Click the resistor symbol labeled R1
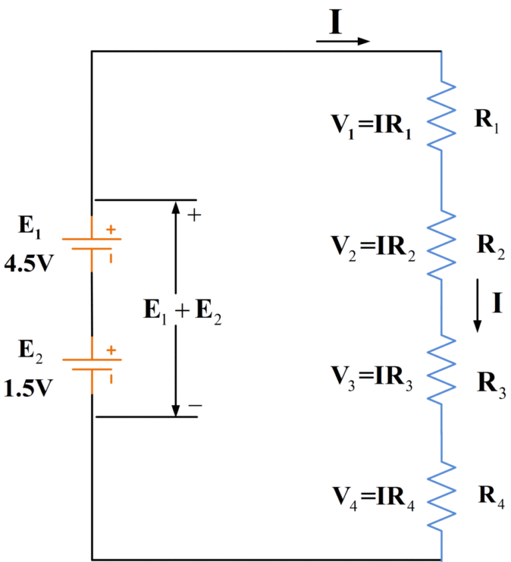(441, 116)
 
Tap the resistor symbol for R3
(441, 370)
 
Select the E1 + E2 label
(182, 311)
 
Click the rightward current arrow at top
(343, 41)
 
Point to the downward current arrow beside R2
(477, 305)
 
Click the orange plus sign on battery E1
(110, 230)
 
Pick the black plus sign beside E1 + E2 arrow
(195, 215)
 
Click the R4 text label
(490, 495)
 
